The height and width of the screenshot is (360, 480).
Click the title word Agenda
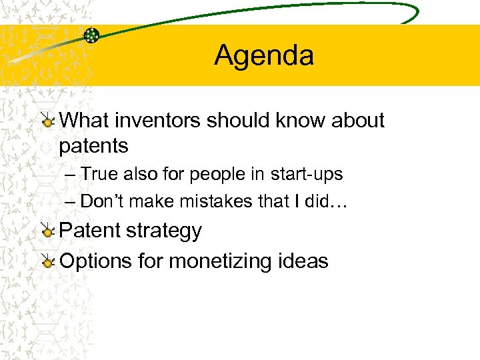[264, 55]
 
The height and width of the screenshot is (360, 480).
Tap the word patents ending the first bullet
[93, 145]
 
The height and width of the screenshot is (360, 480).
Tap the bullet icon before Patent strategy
[47, 231]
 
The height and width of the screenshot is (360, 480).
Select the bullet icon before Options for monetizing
[47, 261]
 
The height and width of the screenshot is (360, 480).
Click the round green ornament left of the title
[91, 35]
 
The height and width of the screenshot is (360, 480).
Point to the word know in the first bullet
[295, 121]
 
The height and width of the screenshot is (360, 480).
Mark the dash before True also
[71, 175]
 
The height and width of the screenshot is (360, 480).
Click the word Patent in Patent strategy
[89, 231]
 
